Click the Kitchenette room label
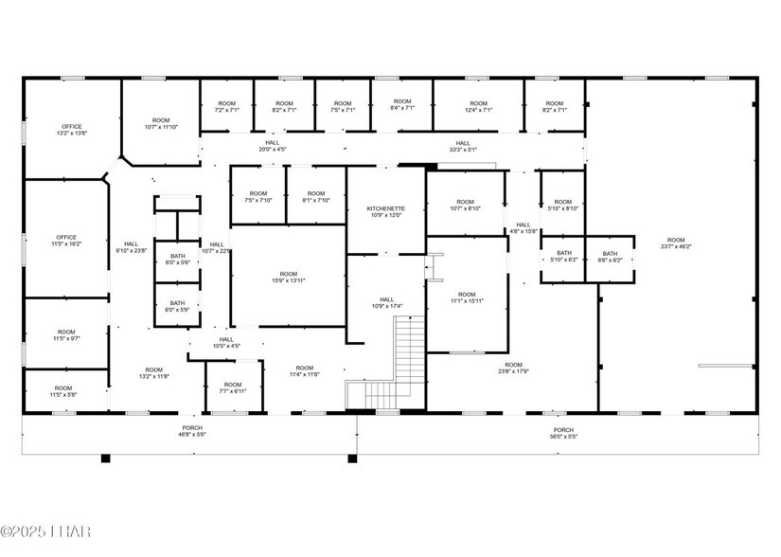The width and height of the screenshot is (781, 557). tap(385, 212)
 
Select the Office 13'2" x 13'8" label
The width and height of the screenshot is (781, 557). tap(72, 130)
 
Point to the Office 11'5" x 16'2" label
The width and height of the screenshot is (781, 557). tap(65, 241)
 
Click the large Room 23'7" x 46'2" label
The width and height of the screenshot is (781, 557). tap(675, 243)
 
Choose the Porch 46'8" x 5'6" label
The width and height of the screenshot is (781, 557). tap(192, 432)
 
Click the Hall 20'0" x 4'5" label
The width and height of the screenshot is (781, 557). tap(273, 146)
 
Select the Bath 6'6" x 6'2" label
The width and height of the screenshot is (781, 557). tap(610, 257)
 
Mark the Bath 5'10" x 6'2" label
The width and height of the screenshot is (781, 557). tap(564, 257)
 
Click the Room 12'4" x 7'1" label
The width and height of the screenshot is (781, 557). tap(478, 106)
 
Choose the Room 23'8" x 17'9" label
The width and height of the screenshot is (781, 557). tap(513, 368)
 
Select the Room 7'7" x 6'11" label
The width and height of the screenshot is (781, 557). tap(233, 387)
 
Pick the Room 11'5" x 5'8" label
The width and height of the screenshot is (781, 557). tap(63, 391)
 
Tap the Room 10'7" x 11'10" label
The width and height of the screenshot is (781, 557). tap(160, 123)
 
